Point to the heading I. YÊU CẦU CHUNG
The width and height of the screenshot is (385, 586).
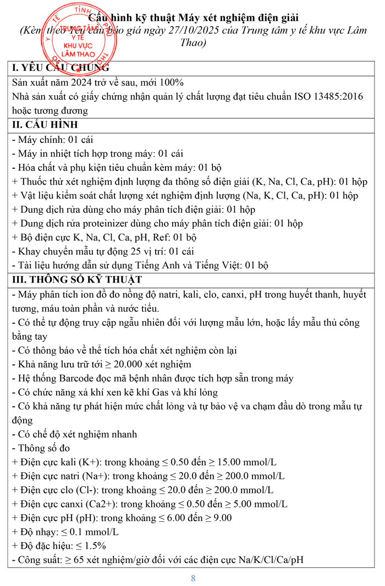(x=61, y=68)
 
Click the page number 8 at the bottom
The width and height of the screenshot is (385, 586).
(x=193, y=578)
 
